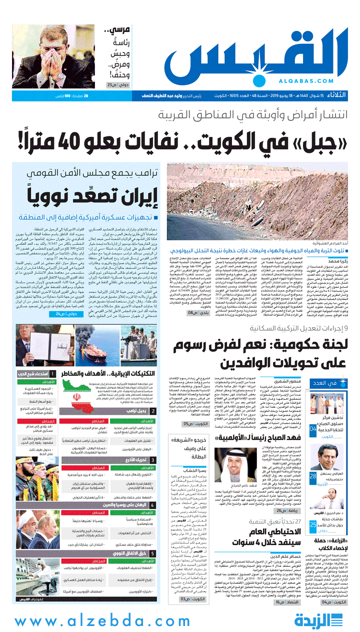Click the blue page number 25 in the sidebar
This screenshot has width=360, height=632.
coord(312,524)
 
